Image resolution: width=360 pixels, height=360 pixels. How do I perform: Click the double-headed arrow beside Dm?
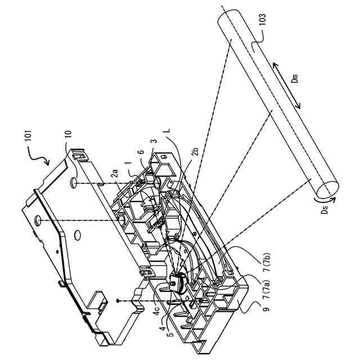tap(287, 85)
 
